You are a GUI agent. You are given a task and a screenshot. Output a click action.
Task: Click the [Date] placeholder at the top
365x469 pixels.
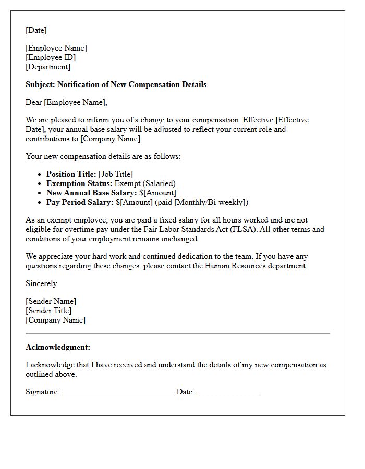(36, 30)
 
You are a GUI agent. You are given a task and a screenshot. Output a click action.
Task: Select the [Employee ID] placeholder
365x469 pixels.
(51, 57)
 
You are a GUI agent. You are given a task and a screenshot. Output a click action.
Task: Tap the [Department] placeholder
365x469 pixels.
(48, 67)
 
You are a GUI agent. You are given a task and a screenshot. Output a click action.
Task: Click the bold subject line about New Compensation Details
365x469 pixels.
(116, 84)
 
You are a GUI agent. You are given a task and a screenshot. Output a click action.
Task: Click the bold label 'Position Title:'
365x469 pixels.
(71, 174)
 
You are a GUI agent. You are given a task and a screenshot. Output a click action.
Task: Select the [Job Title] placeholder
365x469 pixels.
(116, 174)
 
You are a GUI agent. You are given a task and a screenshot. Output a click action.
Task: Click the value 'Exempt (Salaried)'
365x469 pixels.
(145, 183)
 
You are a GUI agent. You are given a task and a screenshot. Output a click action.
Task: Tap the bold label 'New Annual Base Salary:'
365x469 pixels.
(92, 193)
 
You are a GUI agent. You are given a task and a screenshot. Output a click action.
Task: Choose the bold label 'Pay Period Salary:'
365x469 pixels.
(80, 202)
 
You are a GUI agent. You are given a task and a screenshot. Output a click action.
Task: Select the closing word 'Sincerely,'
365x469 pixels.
(42, 283)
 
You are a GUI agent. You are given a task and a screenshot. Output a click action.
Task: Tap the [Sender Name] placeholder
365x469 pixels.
(51, 301)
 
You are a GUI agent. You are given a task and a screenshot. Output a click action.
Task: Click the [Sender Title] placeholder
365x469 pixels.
(48, 311)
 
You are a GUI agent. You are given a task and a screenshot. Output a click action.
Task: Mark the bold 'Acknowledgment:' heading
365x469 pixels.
(58, 347)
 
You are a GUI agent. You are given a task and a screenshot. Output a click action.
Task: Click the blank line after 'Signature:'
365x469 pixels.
(118, 393)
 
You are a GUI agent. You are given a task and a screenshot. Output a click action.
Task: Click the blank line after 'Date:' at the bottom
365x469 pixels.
(228, 393)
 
